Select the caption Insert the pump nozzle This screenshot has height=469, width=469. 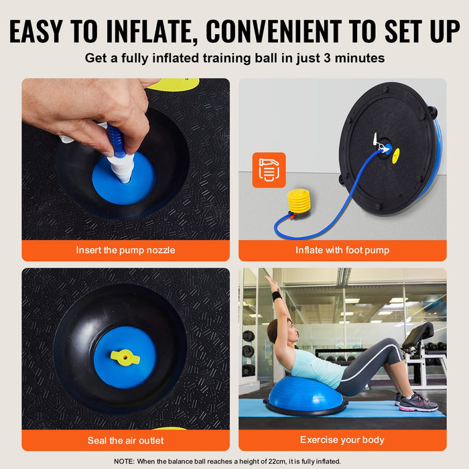click(x=125, y=250)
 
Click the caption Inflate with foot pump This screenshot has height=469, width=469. click(x=342, y=250)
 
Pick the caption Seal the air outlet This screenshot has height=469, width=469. click(x=125, y=440)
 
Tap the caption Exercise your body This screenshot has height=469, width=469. click(x=342, y=440)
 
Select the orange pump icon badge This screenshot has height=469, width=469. click(x=269, y=170)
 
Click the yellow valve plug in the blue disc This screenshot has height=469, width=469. click(x=125, y=357)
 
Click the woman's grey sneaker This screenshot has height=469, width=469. click(x=418, y=403)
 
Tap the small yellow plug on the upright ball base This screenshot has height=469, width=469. click(x=396, y=155)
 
